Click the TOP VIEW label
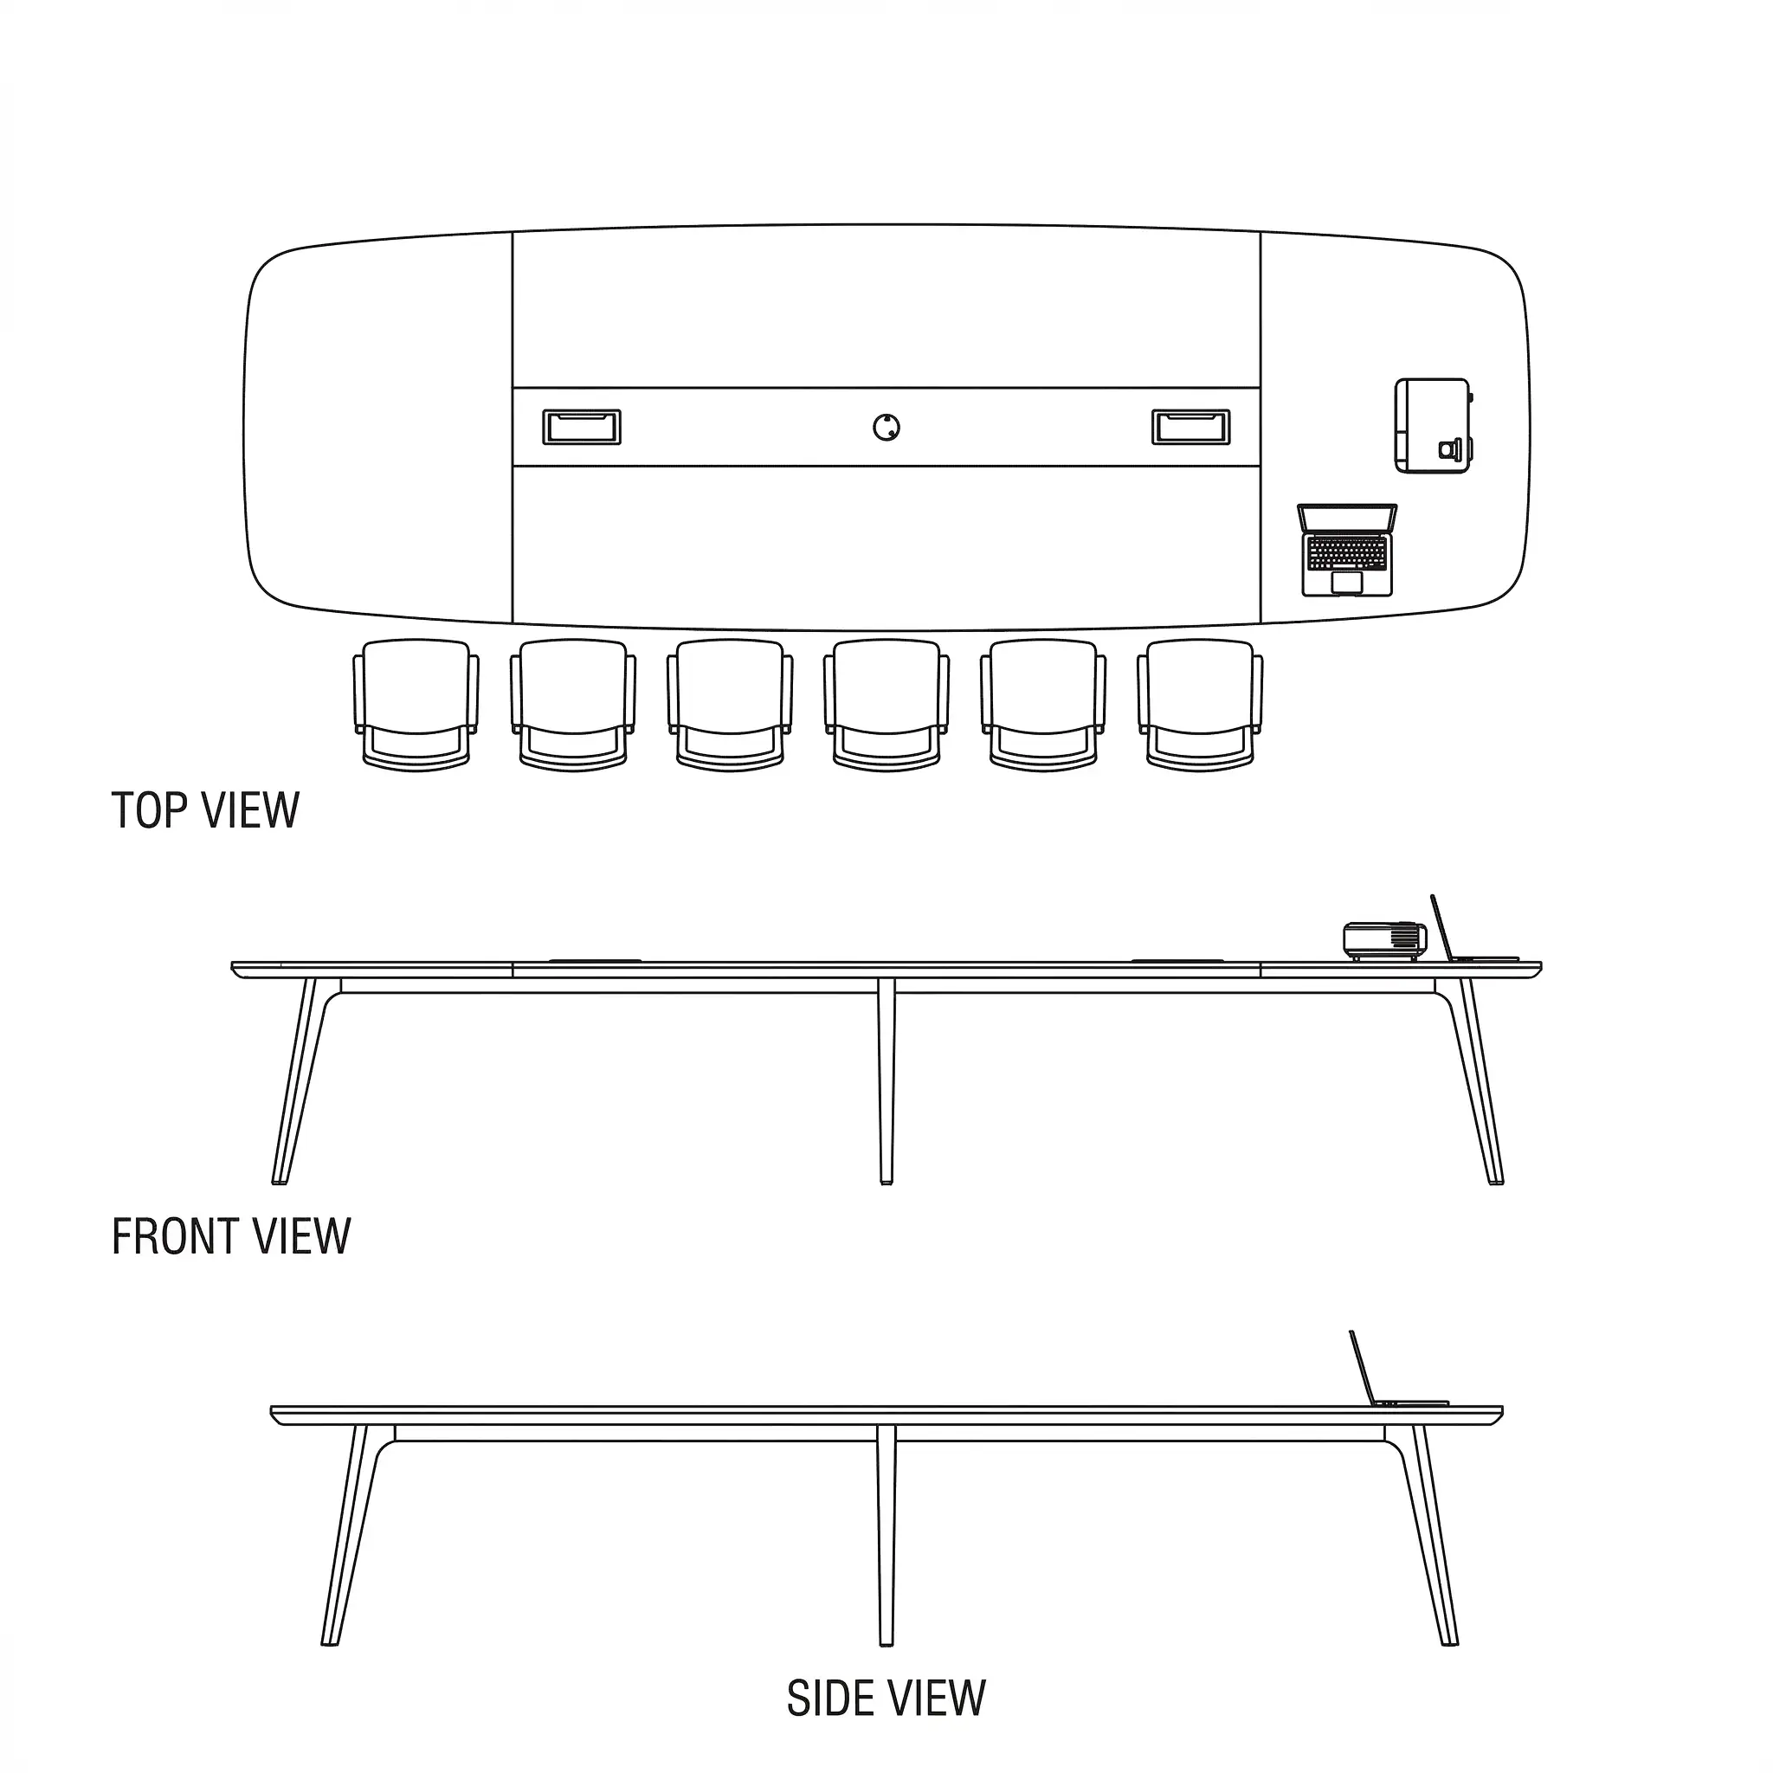pyautogui.click(x=205, y=810)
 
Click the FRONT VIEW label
pyautogui.click(x=231, y=1236)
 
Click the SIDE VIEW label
pyautogui.click(x=886, y=1699)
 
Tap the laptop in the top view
pyautogui.click(x=1347, y=550)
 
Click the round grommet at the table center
pyautogui.click(x=886, y=428)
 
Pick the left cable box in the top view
pyautogui.click(x=582, y=428)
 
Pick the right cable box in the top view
pyautogui.click(x=1191, y=428)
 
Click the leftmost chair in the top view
pyautogui.click(x=416, y=705)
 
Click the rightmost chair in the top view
pyautogui.click(x=1199, y=705)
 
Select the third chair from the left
pyautogui.click(x=730, y=705)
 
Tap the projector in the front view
pyautogui.click(x=1385, y=942)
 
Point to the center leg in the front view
pyautogui.click(x=886, y=1081)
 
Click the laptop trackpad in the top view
pyautogui.click(x=1346, y=583)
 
